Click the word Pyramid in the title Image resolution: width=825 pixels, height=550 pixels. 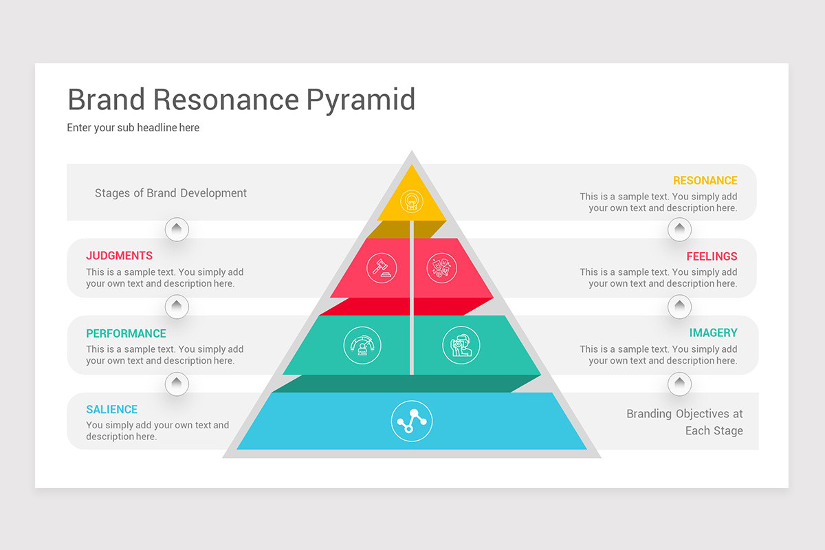[360, 100]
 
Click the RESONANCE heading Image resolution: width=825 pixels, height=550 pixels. [705, 181]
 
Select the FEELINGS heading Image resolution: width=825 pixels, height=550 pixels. [712, 256]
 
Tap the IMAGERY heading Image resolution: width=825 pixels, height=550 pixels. [713, 333]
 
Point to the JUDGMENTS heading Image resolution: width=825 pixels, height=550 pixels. [120, 256]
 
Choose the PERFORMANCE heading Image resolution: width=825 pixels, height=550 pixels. [126, 333]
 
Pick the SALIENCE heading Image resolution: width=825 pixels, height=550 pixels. [112, 410]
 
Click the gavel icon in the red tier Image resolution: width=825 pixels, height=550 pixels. [382, 266]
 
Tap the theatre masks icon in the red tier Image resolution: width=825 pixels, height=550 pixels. [441, 267]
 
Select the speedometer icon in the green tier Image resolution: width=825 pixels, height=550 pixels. [362, 345]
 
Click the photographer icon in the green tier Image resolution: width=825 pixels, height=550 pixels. [461, 345]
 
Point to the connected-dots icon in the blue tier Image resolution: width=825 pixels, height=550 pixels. [412, 421]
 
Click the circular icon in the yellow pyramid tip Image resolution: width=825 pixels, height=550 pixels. [412, 201]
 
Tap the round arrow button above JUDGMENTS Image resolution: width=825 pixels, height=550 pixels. [177, 229]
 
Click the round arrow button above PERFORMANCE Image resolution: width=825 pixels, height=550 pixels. [177, 306]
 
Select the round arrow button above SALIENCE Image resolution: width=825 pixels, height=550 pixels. [177, 383]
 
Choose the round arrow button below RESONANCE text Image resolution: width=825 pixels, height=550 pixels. [679, 229]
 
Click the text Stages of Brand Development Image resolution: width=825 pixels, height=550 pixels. [170, 193]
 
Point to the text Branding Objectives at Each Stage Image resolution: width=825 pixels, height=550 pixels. [684, 422]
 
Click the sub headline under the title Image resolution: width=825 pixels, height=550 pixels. [133, 128]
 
